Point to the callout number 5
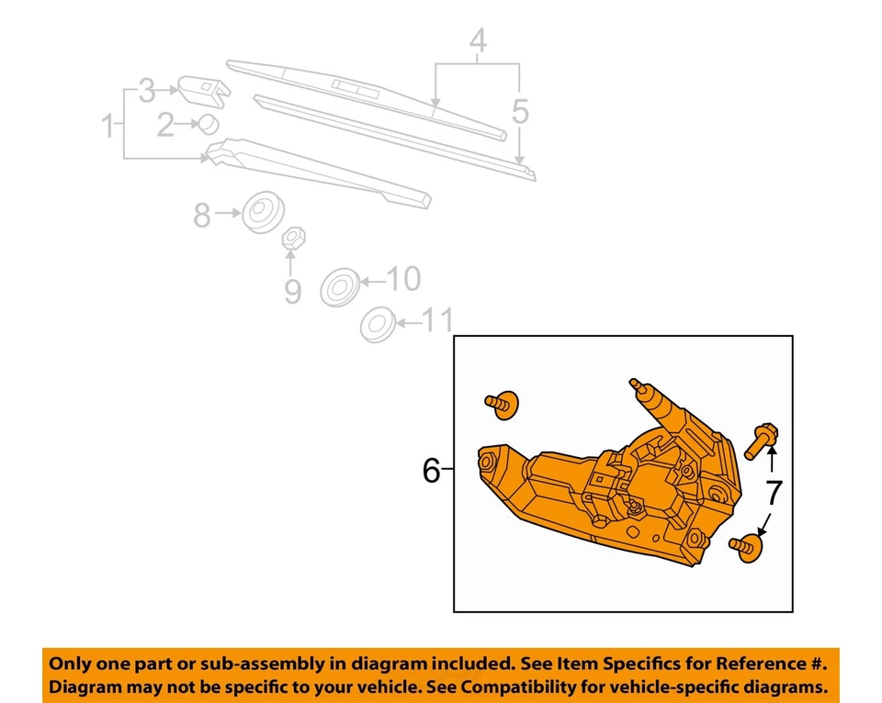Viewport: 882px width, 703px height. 520,112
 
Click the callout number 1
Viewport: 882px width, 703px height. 108,125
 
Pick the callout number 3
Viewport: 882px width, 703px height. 148,91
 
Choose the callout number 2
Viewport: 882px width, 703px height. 165,125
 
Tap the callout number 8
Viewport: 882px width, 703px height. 202,217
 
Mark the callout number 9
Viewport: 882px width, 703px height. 292,292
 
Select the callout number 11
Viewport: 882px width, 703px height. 438,320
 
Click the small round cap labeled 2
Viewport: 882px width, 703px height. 209,124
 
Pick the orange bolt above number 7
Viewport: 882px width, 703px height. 763,440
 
